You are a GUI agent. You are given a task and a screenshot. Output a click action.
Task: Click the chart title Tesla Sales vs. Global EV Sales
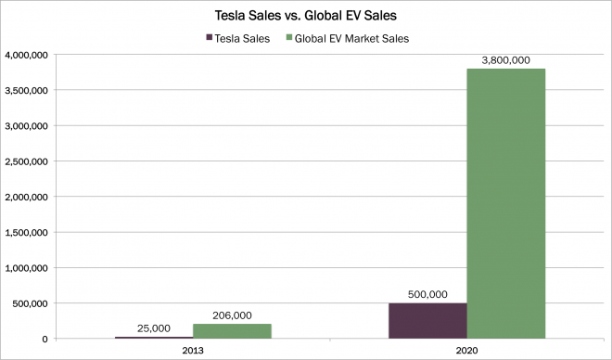[306, 16]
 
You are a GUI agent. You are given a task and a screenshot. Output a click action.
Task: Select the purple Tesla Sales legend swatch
[210, 38]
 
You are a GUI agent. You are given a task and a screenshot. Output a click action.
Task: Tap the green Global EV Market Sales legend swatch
[289, 38]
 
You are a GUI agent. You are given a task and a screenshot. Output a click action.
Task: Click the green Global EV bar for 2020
[506, 203]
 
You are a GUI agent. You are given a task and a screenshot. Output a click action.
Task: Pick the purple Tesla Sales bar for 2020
[427, 320]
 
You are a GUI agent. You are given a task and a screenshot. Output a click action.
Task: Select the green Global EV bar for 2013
[232, 331]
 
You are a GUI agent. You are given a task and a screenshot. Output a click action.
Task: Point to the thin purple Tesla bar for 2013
[154, 338]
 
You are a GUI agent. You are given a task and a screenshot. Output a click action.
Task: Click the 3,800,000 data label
[506, 60]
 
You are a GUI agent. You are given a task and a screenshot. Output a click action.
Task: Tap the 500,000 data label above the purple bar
[427, 294]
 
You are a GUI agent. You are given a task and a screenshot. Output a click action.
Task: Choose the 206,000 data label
[232, 315]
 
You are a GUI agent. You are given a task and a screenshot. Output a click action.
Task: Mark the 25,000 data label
[154, 328]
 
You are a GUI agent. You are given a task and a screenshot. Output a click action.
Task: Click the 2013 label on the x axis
[193, 350]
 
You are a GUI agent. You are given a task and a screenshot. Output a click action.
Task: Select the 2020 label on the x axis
[466, 350]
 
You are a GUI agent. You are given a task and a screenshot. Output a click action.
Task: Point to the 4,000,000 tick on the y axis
[27, 55]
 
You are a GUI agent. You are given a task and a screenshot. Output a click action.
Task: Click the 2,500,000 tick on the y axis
[27, 161]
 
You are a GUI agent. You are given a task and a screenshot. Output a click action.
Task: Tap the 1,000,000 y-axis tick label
[27, 268]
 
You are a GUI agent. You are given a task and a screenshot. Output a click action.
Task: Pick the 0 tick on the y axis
[45, 339]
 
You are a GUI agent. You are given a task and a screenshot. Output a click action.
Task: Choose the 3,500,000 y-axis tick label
[27, 91]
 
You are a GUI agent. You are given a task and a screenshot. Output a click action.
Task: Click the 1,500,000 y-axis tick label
[27, 233]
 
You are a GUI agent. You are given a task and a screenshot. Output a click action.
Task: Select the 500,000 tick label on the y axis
[31, 303]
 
